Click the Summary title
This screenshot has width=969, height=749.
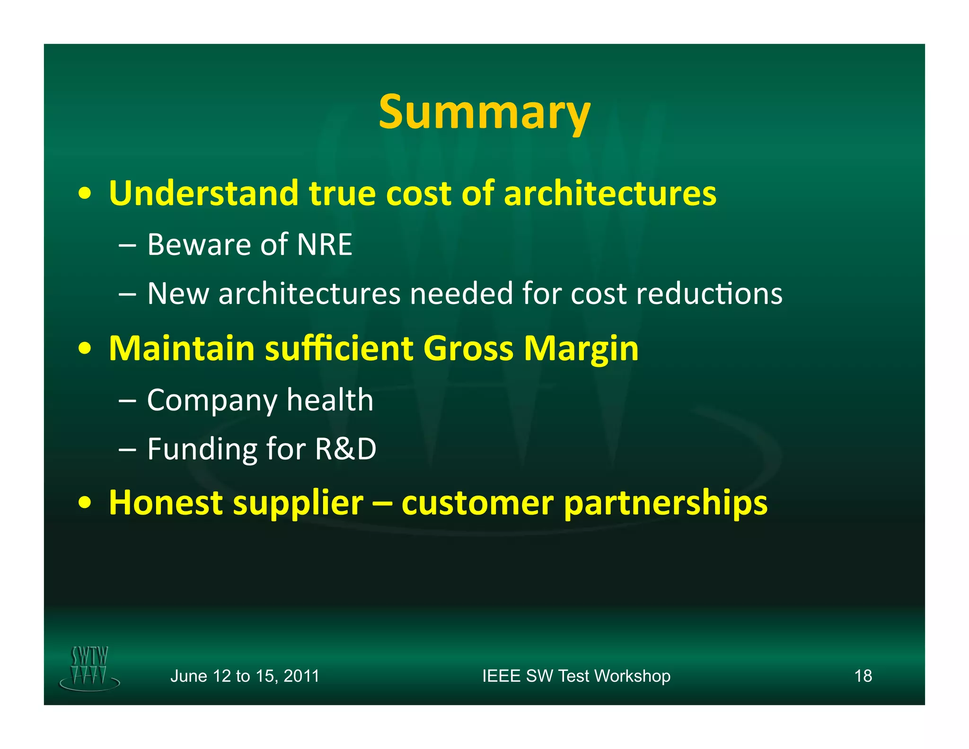[484, 112]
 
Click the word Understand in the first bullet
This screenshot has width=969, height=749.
[203, 193]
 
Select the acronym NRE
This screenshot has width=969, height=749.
[324, 245]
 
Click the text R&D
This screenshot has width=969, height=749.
[345, 449]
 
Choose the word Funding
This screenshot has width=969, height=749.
[202, 450]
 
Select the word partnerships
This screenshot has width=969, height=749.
[666, 504]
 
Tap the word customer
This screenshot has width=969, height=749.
[477, 503]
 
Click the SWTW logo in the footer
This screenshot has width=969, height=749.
[89, 668]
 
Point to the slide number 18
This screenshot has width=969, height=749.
[863, 676]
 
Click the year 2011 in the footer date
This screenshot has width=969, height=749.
[301, 676]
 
